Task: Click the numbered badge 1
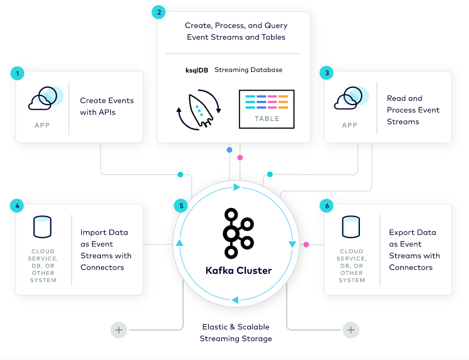pyautogui.click(x=17, y=73)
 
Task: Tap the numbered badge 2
pyautogui.click(x=159, y=13)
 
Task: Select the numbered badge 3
pyautogui.click(x=327, y=73)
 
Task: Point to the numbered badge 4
pyautogui.click(x=17, y=206)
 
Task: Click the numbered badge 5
pyautogui.click(x=181, y=206)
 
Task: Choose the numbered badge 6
pyautogui.click(x=327, y=206)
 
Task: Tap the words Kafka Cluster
pyautogui.click(x=238, y=271)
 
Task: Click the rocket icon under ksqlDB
pyautogui.click(x=199, y=111)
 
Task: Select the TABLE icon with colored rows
pyautogui.click(x=267, y=109)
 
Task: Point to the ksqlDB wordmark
pyautogui.click(x=196, y=70)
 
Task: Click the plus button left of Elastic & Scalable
pyautogui.click(x=118, y=330)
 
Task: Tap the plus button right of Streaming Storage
pyautogui.click(x=351, y=330)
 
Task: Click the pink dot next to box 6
pyautogui.click(x=306, y=244)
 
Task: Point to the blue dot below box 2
pyautogui.click(x=229, y=149)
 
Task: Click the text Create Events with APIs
pyautogui.click(x=107, y=106)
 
